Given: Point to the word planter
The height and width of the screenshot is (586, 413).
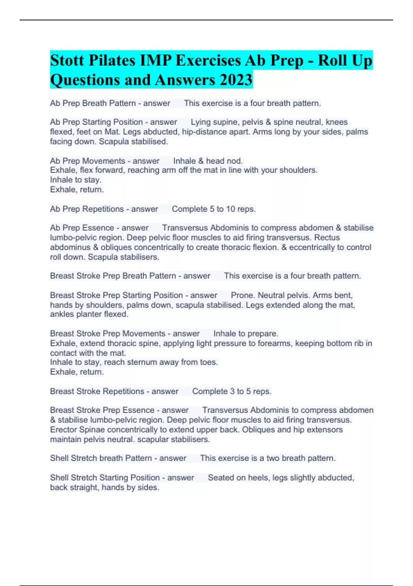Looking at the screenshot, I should [x=86, y=314].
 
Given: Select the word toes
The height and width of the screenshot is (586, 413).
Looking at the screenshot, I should [x=210, y=362].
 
